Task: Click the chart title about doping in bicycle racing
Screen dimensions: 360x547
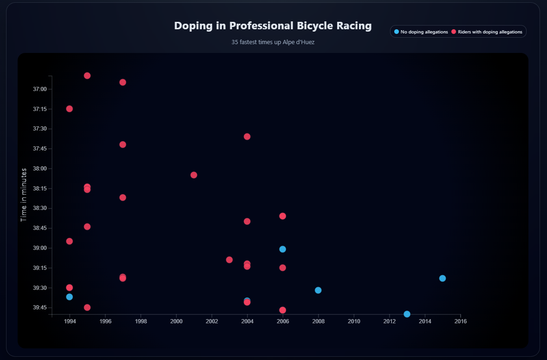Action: pos(273,26)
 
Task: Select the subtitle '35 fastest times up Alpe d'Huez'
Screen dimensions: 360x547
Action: pos(273,42)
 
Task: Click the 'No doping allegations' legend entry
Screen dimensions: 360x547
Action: pos(421,32)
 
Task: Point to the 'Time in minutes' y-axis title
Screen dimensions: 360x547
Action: pos(24,195)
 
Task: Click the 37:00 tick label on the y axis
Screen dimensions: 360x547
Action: pos(39,89)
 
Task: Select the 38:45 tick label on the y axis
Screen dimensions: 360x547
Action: pos(39,228)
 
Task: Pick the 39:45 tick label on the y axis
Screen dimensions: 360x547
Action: pos(39,308)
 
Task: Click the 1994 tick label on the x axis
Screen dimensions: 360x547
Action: pos(70,321)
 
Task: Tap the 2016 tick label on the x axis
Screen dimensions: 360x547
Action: pos(460,321)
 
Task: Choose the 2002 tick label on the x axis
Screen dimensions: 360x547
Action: pos(212,321)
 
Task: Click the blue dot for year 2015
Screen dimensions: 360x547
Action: pos(443,278)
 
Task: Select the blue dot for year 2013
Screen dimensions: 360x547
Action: pos(407,314)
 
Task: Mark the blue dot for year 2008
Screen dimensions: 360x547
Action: pos(318,290)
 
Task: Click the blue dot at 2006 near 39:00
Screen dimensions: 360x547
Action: pos(282,249)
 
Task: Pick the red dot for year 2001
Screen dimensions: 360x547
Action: pos(194,175)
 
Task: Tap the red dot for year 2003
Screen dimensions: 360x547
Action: pos(229,260)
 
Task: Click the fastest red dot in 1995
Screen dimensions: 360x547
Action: pos(87,76)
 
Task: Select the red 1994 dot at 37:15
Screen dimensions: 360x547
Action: pos(69,109)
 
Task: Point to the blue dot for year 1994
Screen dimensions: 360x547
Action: pos(69,297)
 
